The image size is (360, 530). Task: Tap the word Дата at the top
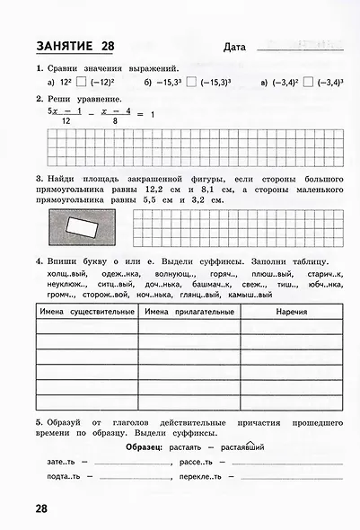(232, 47)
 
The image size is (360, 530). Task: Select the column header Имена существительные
(86, 312)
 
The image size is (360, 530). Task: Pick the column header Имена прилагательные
(188, 312)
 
